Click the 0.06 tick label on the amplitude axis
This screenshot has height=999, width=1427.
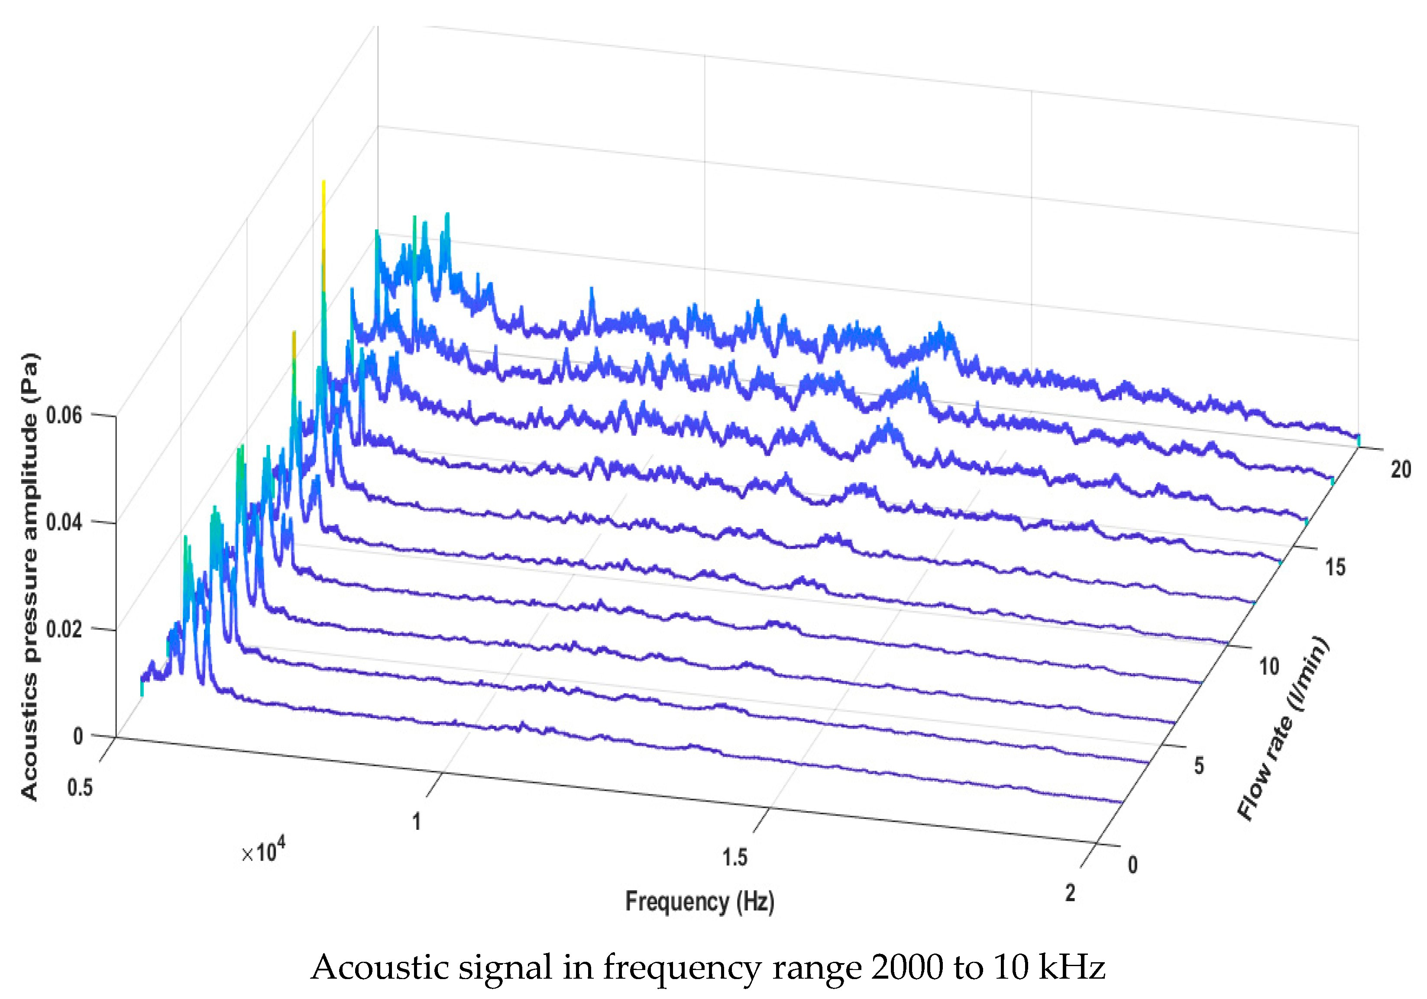64,415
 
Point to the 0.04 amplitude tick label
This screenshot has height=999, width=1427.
64,522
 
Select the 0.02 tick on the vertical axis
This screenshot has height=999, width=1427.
64,629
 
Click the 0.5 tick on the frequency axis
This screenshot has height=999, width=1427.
80,787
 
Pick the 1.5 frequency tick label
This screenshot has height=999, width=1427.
735,858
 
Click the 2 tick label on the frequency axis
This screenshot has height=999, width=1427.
1070,893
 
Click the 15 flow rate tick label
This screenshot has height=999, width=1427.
1335,567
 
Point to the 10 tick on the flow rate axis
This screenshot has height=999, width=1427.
1269,667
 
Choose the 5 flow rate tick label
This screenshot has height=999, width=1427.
1199,765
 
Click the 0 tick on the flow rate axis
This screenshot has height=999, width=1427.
1133,864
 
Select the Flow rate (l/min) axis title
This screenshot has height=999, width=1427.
1283,728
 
